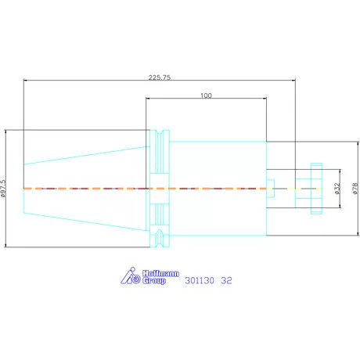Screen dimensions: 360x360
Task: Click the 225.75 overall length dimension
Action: click(160, 77)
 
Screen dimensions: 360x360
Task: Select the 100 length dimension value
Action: click(206, 95)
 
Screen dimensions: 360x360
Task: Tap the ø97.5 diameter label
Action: click(3, 188)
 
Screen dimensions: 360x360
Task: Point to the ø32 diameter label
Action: click(337, 189)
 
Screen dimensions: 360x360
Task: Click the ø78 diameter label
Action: click(355, 189)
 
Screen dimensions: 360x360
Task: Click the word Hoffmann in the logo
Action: click(160, 273)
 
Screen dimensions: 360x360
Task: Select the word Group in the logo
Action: click(154, 281)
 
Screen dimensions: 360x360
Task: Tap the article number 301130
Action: click(200, 281)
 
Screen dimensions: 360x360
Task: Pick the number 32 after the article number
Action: click(226, 281)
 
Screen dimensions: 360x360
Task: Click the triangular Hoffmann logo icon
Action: click(130, 275)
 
